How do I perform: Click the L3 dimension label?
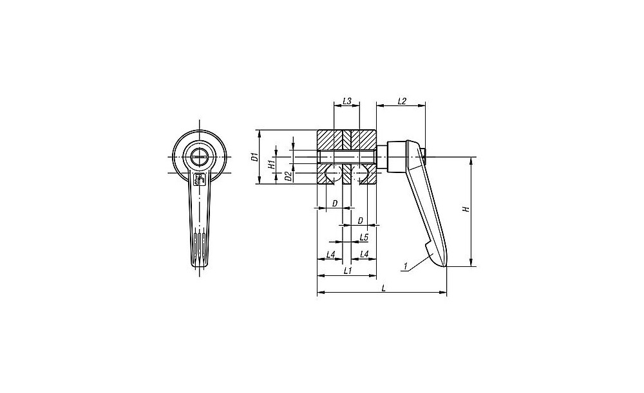(346, 101)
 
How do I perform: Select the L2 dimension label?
(402, 101)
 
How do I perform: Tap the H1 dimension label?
(272, 165)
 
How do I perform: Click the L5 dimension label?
(364, 237)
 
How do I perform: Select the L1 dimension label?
(348, 271)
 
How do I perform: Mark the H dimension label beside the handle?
(466, 209)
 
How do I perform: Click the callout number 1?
(405, 266)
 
